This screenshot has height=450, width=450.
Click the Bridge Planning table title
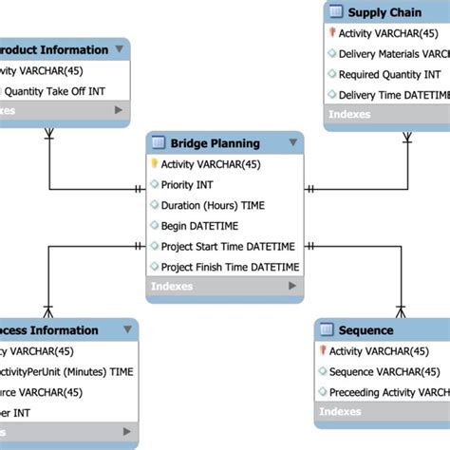tap(215, 143)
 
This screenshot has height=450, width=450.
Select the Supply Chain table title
tap(386, 12)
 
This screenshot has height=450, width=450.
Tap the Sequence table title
tap(366, 330)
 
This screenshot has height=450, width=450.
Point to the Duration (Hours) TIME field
tap(213, 205)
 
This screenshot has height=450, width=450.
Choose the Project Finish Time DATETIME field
tap(229, 268)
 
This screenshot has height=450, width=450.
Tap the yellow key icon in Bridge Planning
tap(154, 164)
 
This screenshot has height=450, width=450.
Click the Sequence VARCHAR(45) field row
tap(384, 371)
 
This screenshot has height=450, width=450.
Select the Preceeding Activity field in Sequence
tap(388, 392)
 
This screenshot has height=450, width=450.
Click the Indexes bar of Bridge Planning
tap(224, 287)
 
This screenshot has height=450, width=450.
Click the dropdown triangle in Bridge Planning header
tap(292, 143)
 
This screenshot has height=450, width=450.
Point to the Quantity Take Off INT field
tap(53, 91)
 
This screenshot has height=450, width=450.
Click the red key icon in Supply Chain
tap(331, 32)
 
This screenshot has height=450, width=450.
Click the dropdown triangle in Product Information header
tap(119, 49)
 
